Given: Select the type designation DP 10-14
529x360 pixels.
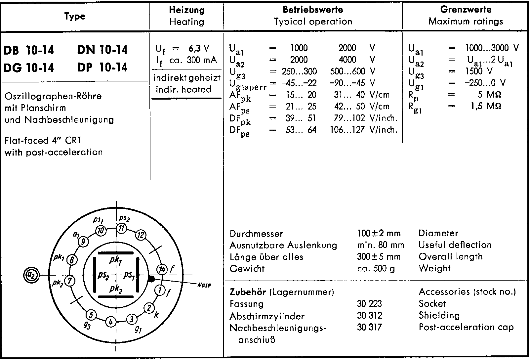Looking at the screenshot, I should tap(102, 67).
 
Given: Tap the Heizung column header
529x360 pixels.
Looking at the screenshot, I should tap(187, 10).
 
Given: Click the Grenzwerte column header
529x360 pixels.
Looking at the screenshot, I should tap(466, 10).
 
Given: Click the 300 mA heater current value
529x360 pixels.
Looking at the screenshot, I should tap(202, 60).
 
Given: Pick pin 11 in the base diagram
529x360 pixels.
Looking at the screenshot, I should tap(121, 229).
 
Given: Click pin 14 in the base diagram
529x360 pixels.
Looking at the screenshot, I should tap(162, 270).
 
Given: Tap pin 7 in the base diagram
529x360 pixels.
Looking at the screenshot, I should tap(70, 281).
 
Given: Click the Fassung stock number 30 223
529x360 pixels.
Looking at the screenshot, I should tap(369, 304).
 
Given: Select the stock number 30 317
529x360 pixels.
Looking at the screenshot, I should tap(369, 327).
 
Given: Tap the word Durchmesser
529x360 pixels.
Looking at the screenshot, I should tap(256, 234).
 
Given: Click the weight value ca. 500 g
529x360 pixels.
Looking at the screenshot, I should tap(376, 268).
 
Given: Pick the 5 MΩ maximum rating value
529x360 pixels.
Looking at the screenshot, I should tap(489, 95).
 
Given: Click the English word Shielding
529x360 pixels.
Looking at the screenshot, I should tap(439, 315).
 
